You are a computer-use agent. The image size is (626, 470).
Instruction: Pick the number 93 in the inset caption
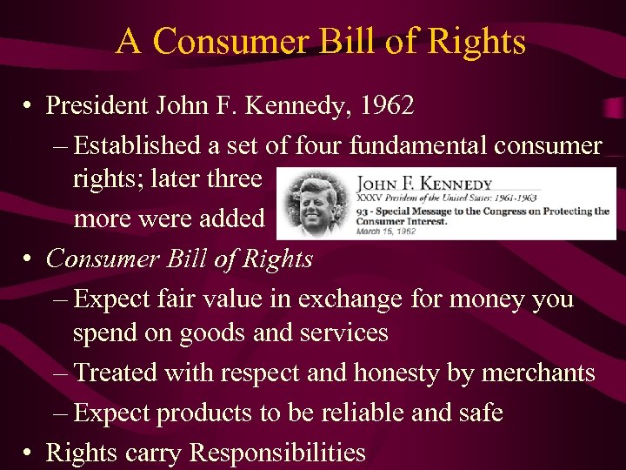[x=363, y=211]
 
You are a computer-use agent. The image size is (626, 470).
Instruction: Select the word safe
[x=481, y=412]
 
